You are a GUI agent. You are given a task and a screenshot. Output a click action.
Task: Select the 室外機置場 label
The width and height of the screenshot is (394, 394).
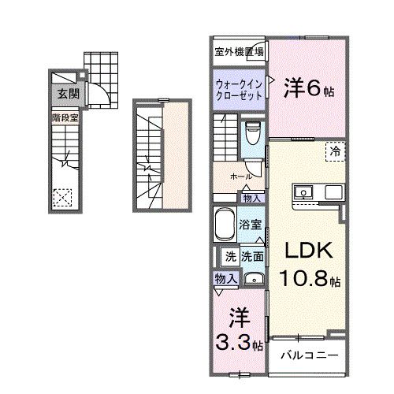(240, 52)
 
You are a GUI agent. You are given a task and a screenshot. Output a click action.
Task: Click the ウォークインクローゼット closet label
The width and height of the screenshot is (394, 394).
(239, 87)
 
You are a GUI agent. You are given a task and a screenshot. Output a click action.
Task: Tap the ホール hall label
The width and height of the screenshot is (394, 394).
(240, 177)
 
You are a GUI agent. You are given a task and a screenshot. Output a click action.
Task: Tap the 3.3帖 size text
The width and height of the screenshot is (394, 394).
(238, 344)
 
